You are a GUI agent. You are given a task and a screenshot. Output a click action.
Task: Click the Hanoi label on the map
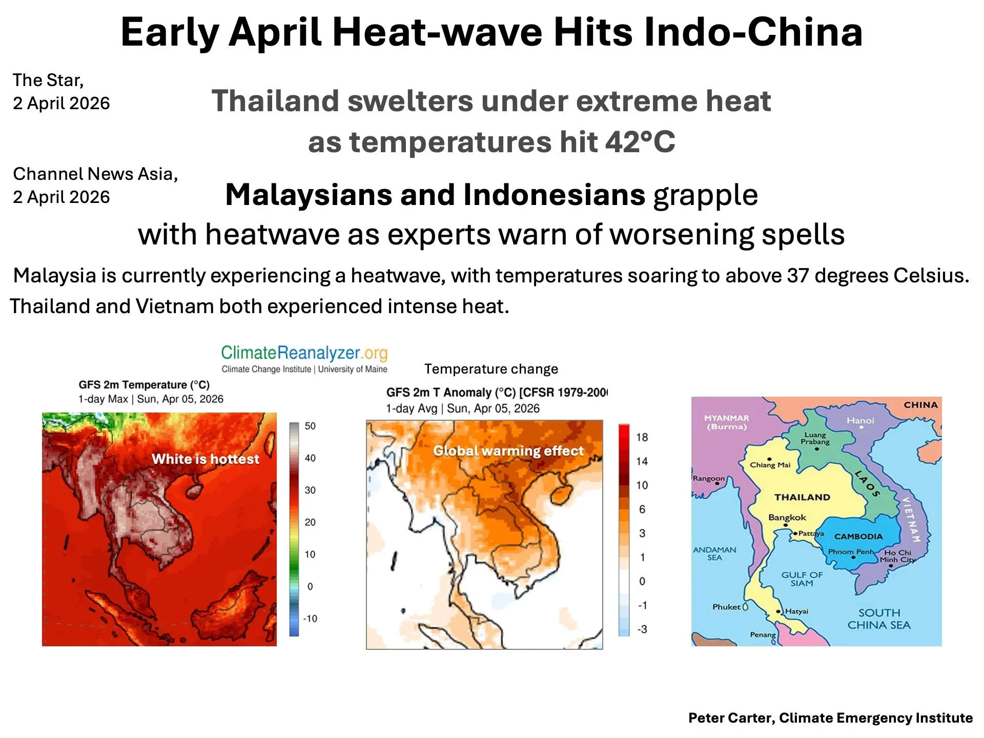[x=860, y=421]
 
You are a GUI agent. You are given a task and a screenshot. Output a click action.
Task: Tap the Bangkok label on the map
[x=787, y=518]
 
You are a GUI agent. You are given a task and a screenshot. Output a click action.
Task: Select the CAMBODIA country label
[x=858, y=537]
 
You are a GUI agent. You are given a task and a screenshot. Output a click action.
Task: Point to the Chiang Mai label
[x=770, y=465]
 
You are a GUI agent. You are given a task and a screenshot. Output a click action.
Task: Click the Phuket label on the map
[x=726, y=607]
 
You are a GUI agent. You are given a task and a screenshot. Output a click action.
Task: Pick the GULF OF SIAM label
[x=802, y=579]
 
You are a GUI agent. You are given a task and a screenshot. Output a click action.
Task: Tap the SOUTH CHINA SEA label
[x=879, y=619]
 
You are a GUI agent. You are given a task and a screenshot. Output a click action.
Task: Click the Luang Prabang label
[x=815, y=438]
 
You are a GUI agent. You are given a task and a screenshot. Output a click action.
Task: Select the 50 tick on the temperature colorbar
[x=310, y=426]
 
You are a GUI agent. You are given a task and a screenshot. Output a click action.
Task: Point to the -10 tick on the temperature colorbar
[x=310, y=619]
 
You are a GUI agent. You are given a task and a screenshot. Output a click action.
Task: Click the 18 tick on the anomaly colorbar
[x=642, y=437]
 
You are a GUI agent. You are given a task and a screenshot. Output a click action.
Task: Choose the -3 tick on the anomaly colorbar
[x=642, y=629]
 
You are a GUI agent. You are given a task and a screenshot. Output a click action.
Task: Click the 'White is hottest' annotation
[x=206, y=459]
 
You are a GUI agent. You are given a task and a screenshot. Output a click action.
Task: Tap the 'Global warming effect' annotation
[x=508, y=451]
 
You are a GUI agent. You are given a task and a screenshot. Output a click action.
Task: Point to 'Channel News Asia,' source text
[x=95, y=174]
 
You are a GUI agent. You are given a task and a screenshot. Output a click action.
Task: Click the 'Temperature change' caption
[x=491, y=369]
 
